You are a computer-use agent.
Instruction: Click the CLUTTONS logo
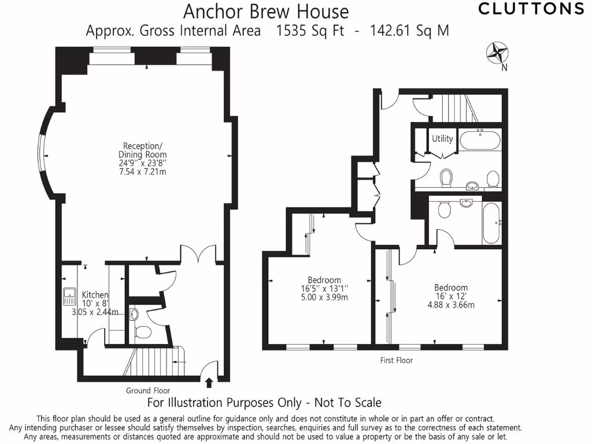531,9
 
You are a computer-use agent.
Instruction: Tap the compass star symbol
497,53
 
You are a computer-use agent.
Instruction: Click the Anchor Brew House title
266,11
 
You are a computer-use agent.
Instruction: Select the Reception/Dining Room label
143,150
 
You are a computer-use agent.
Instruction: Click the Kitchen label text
95,295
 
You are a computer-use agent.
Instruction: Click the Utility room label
442,139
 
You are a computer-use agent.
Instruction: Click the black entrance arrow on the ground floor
209,382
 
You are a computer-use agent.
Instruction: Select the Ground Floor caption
147,391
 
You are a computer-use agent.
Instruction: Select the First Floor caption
397,360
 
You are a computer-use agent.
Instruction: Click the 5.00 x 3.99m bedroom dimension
324,298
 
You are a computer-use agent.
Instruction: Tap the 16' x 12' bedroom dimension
451,297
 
